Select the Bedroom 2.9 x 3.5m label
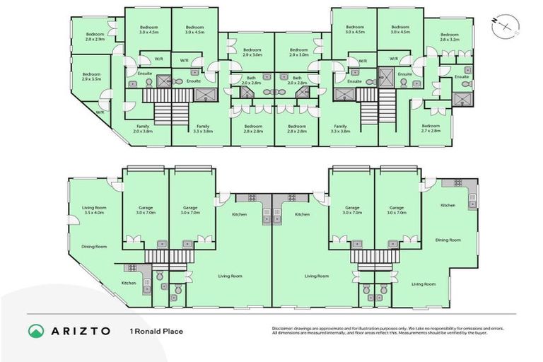point(91,76)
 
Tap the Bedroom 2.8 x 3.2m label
point(450,37)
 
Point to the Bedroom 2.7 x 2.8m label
point(430,128)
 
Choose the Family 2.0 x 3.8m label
point(142,129)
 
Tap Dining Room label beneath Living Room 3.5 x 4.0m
point(93,246)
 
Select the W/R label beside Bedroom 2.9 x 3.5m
point(100,112)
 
